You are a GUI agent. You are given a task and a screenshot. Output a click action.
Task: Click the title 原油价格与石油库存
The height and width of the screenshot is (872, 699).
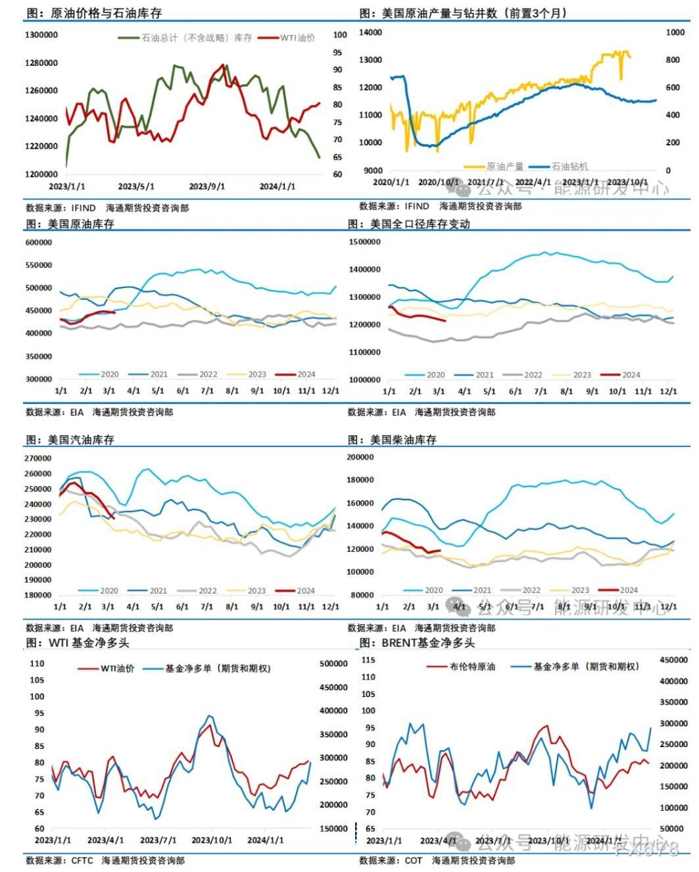(x=105, y=13)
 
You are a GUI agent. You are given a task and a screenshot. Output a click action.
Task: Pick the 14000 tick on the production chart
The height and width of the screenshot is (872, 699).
(x=372, y=32)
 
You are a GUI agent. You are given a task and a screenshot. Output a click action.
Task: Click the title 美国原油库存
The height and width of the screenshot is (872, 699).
(x=81, y=224)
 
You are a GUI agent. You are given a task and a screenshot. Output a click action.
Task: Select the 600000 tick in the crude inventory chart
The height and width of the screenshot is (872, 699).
(x=39, y=243)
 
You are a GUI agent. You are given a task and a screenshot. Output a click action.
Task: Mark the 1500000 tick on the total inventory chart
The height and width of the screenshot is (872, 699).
(x=365, y=243)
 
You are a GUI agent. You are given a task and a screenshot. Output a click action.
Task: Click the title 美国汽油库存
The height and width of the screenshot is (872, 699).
(x=81, y=440)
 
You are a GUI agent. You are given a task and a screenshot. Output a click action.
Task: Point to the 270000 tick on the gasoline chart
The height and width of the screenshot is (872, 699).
(x=38, y=458)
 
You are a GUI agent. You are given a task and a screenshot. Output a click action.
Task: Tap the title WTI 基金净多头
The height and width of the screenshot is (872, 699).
(x=95, y=642)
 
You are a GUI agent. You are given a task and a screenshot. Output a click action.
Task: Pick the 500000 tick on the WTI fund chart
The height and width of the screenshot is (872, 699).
(x=333, y=664)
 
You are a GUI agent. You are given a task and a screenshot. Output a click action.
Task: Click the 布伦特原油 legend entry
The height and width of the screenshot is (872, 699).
(x=472, y=667)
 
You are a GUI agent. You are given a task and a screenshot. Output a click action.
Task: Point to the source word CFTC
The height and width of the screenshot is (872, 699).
(x=82, y=860)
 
